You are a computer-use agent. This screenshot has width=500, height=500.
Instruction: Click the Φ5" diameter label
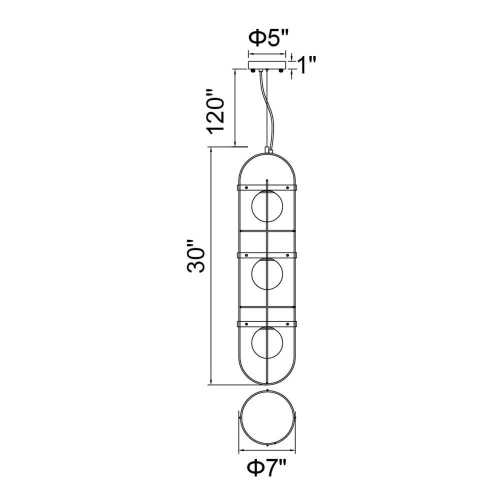point(268,39)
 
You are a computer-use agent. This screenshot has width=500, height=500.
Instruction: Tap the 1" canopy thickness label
point(306,65)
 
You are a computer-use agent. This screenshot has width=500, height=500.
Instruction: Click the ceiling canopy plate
point(267,65)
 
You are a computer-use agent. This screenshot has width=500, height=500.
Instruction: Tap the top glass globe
point(267,206)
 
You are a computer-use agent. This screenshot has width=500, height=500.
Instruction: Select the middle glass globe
point(267,274)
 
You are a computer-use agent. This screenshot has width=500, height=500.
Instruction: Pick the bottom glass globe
point(267,342)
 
